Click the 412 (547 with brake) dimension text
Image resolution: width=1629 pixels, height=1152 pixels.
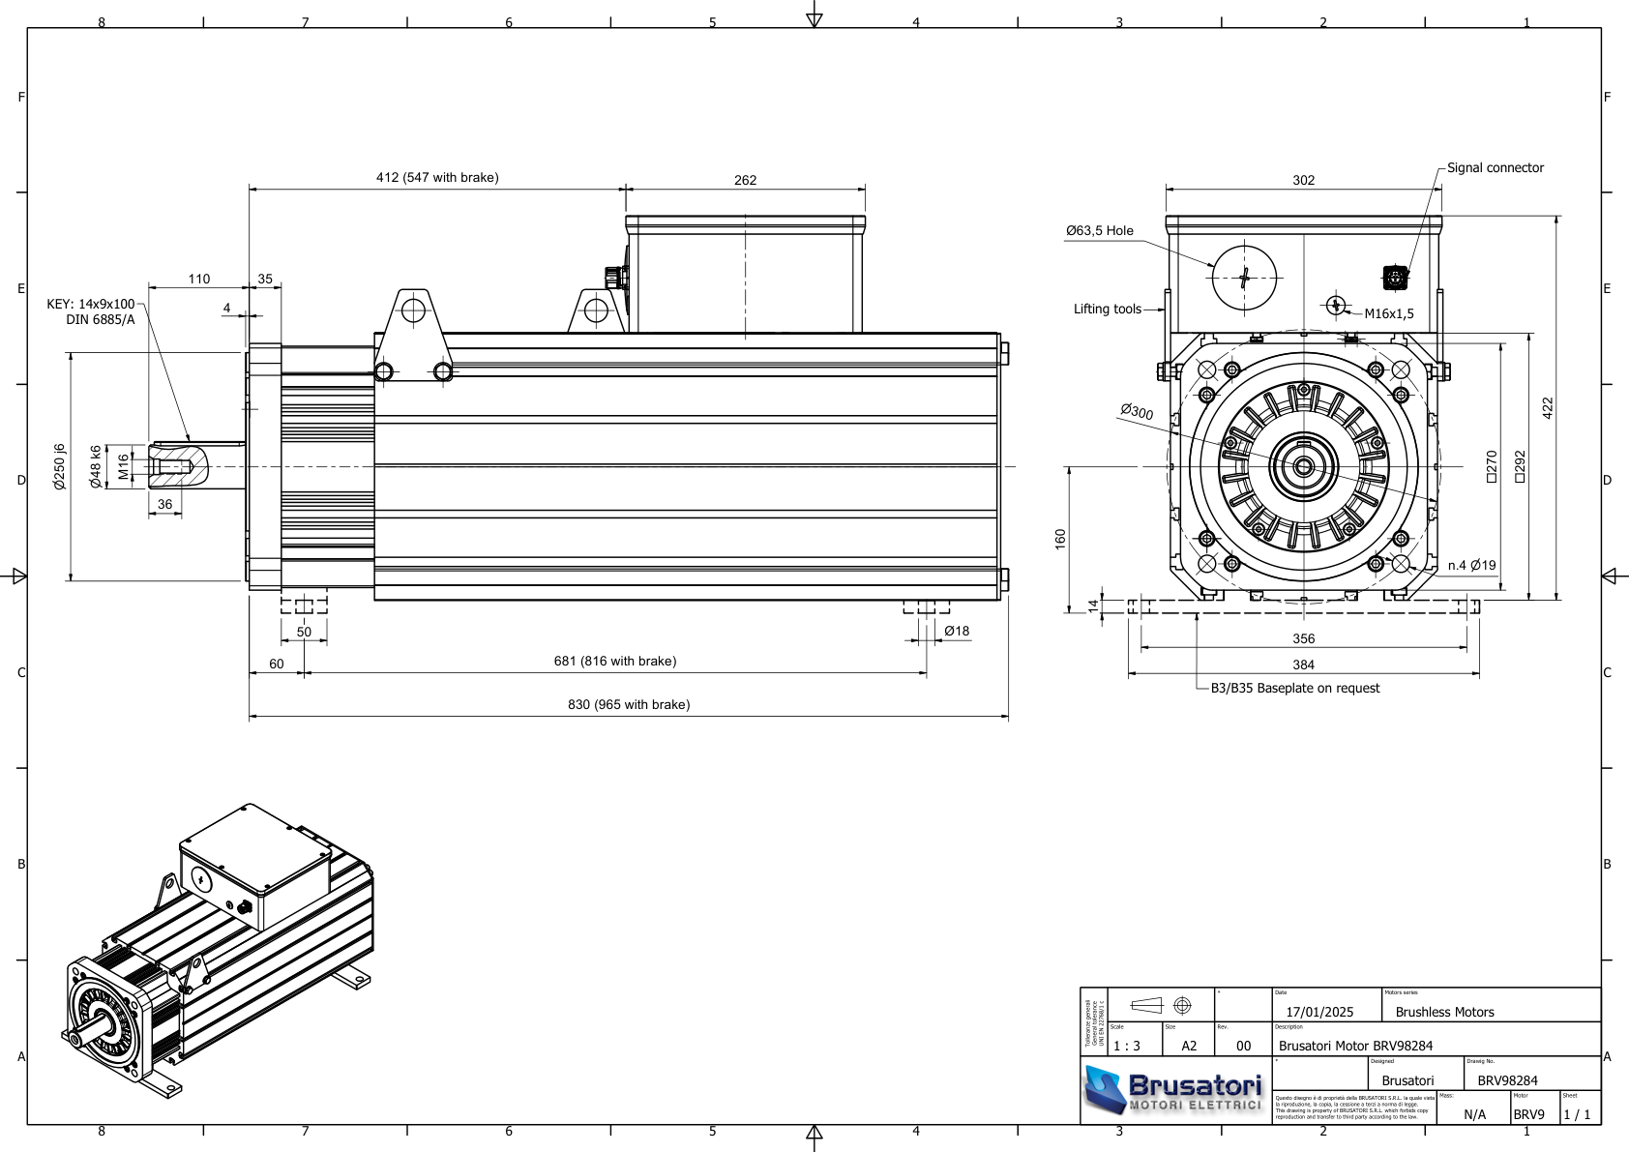click(x=437, y=178)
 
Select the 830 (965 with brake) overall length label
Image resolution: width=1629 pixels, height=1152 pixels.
click(x=629, y=705)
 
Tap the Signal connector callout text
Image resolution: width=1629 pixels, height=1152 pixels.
click(x=1495, y=168)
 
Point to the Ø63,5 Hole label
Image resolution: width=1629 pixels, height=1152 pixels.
click(x=1099, y=231)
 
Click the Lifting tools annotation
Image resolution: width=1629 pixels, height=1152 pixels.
click(x=1107, y=310)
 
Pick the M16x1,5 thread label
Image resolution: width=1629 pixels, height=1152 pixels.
click(x=1388, y=314)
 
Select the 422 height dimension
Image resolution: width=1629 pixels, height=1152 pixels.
click(x=1547, y=407)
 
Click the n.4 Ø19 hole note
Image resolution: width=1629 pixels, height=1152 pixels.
click(x=1471, y=566)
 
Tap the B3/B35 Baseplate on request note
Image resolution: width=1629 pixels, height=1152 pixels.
click(x=1294, y=689)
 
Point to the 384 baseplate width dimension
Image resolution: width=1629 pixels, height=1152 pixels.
click(x=1303, y=665)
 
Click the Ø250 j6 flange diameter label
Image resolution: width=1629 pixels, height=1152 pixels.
click(x=60, y=467)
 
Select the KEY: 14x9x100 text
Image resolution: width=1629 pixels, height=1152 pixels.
click(x=91, y=305)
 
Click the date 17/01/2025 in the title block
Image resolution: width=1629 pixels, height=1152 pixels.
click(x=1319, y=1013)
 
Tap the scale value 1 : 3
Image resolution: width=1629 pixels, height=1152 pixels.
click(x=1126, y=1047)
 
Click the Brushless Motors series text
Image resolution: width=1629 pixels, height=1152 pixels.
click(x=1444, y=1013)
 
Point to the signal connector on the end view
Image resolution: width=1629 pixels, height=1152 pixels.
click(x=1395, y=279)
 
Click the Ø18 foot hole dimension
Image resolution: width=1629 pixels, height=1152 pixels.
click(x=956, y=632)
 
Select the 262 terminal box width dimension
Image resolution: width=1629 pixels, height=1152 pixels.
click(x=745, y=181)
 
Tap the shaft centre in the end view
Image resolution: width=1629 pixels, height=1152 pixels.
click(x=1303, y=467)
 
